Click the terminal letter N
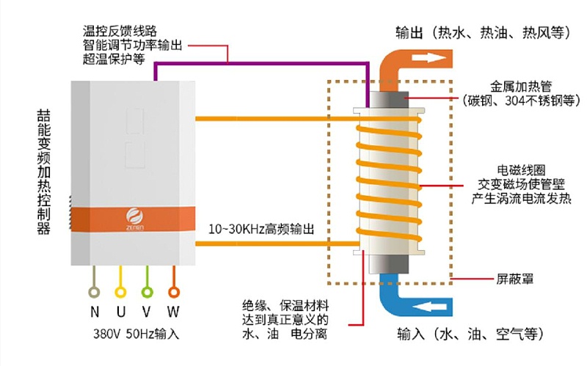pyautogui.click(x=95, y=311)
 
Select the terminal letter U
pyautogui.click(x=120, y=311)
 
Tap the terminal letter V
pyautogui.click(x=147, y=311)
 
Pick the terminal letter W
pyautogui.click(x=174, y=311)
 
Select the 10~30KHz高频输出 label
pyautogui.click(x=261, y=229)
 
